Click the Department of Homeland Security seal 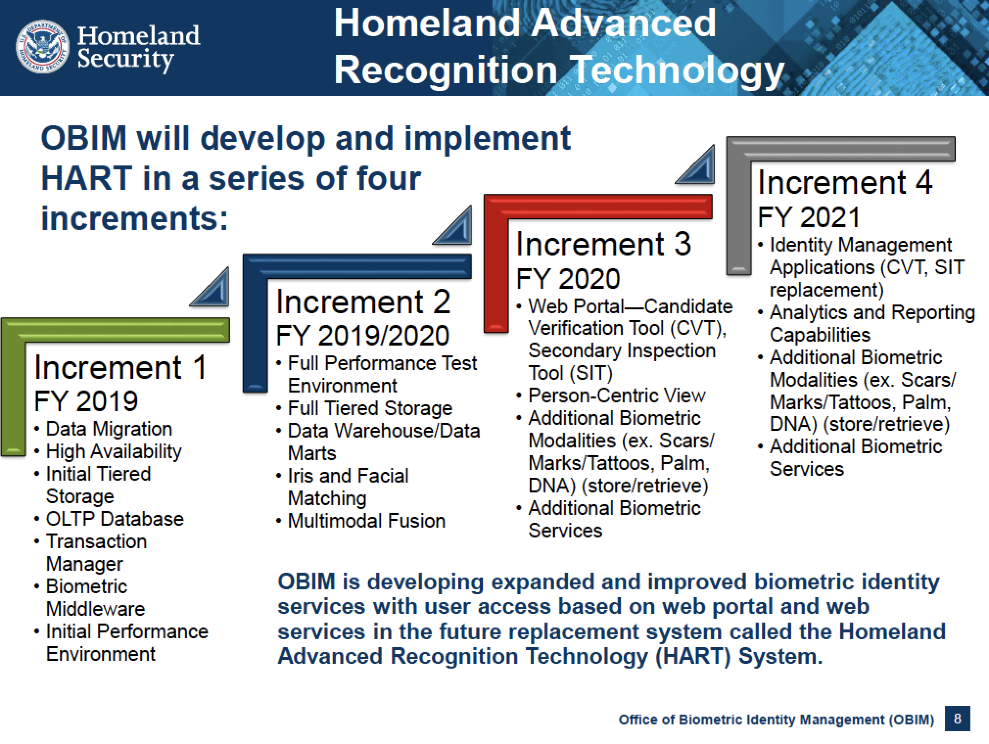[42, 48]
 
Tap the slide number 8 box [957, 719]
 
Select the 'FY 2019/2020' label [362, 336]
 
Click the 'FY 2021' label [809, 217]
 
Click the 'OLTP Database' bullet [115, 519]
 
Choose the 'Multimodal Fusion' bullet [366, 521]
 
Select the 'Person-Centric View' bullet [617, 395]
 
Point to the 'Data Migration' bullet [109, 429]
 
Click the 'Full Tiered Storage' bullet [370, 408]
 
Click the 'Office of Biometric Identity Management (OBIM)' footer [776, 720]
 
